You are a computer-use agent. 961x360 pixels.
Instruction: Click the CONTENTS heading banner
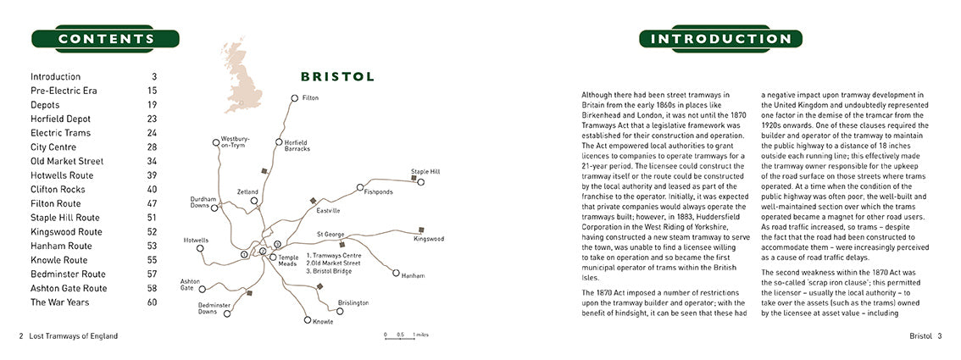(106, 39)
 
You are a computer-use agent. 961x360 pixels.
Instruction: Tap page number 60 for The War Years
(152, 302)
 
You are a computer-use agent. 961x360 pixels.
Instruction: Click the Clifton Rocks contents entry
(62, 189)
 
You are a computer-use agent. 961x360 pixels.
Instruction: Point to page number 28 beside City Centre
(152, 147)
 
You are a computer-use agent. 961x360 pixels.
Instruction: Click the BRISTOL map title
(337, 76)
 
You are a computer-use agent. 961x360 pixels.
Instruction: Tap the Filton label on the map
(310, 98)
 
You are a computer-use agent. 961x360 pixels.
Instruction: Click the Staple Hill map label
(425, 171)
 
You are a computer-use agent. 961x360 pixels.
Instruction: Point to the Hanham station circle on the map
(396, 273)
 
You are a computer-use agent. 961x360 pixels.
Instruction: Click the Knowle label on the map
(323, 322)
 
